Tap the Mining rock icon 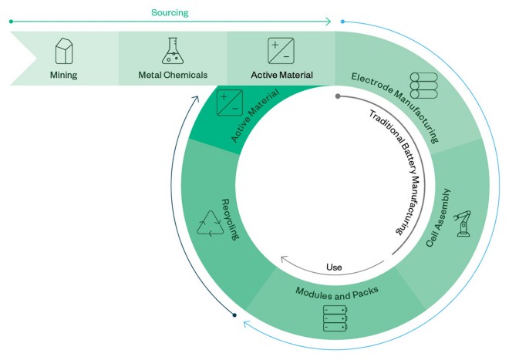[64, 51]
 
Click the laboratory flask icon [174, 50]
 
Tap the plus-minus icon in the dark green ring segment [229, 103]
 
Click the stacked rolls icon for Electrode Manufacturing [423, 85]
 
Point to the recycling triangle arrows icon [210, 222]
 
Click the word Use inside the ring [334, 267]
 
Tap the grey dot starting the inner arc [338, 96]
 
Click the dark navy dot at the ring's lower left [235, 315]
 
